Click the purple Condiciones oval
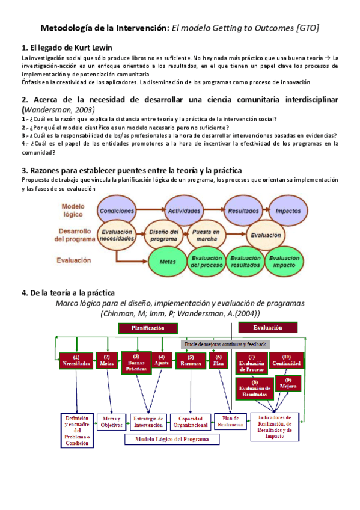click(117, 211)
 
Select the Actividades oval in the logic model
click(184, 211)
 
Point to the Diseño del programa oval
click(163, 235)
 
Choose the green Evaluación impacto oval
click(284, 261)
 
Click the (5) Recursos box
click(191, 361)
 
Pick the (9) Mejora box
click(288, 383)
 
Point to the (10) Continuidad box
click(286, 361)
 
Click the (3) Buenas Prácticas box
click(135, 363)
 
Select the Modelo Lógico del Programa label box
click(172, 438)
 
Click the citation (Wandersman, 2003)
click(58, 110)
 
